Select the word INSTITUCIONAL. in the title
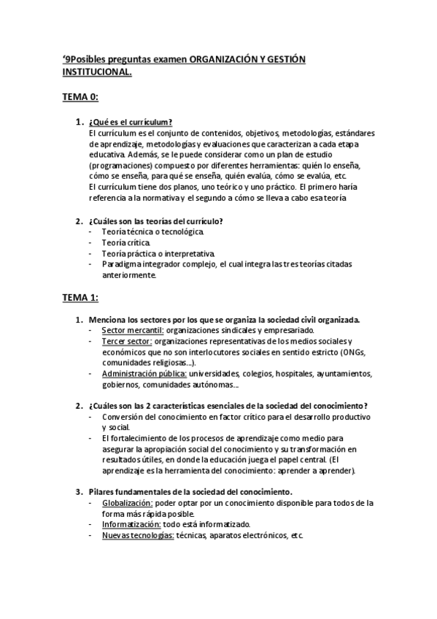97,73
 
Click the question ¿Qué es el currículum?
130,122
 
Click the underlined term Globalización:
127,503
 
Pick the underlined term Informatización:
131,524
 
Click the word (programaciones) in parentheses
123,166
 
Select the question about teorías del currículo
155,220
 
